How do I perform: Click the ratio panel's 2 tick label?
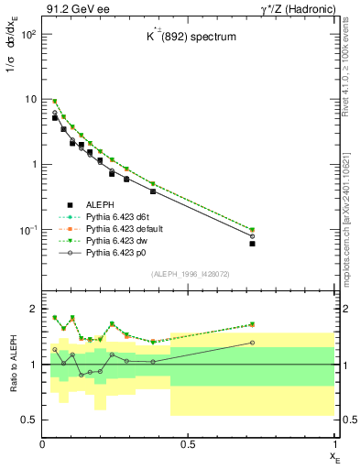[x=35, y=309]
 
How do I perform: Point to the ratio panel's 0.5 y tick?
[x=30, y=420]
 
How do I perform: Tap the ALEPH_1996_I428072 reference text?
[x=189, y=275]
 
